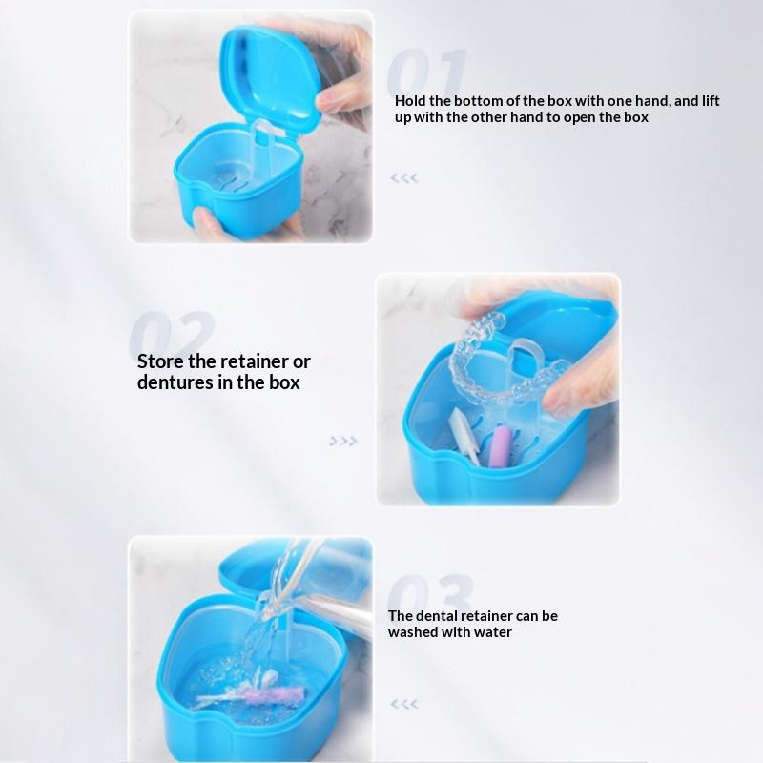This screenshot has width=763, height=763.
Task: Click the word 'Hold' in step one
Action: coord(410,101)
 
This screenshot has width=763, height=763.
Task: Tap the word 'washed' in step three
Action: coord(413,632)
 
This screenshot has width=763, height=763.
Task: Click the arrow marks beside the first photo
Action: coord(404,178)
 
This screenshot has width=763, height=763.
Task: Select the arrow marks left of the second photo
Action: coord(343,442)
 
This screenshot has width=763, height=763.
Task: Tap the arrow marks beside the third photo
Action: coord(404,704)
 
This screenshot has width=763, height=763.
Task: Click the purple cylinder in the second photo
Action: coord(499,444)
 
